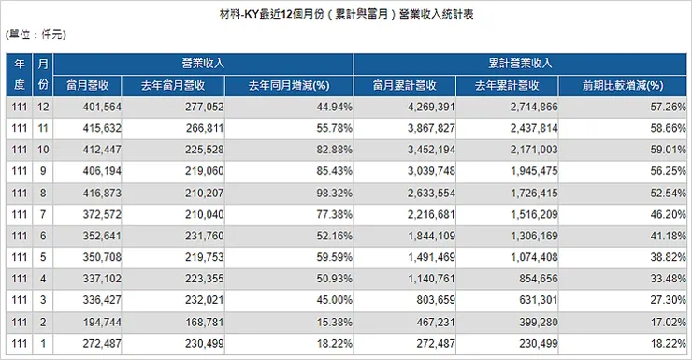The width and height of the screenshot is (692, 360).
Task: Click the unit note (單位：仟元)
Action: (x=36, y=35)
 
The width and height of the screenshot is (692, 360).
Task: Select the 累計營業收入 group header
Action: (x=521, y=65)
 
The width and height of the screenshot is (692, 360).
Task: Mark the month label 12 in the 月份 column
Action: (x=41, y=108)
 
